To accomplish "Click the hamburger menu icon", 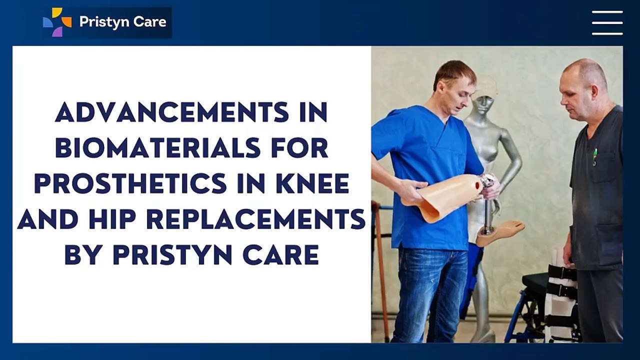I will click(607, 22).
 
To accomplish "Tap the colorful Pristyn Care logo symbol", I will click(56, 22).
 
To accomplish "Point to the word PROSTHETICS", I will click(130, 184).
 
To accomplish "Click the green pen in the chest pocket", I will click(594, 156).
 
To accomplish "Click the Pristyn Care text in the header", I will click(122, 22).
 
